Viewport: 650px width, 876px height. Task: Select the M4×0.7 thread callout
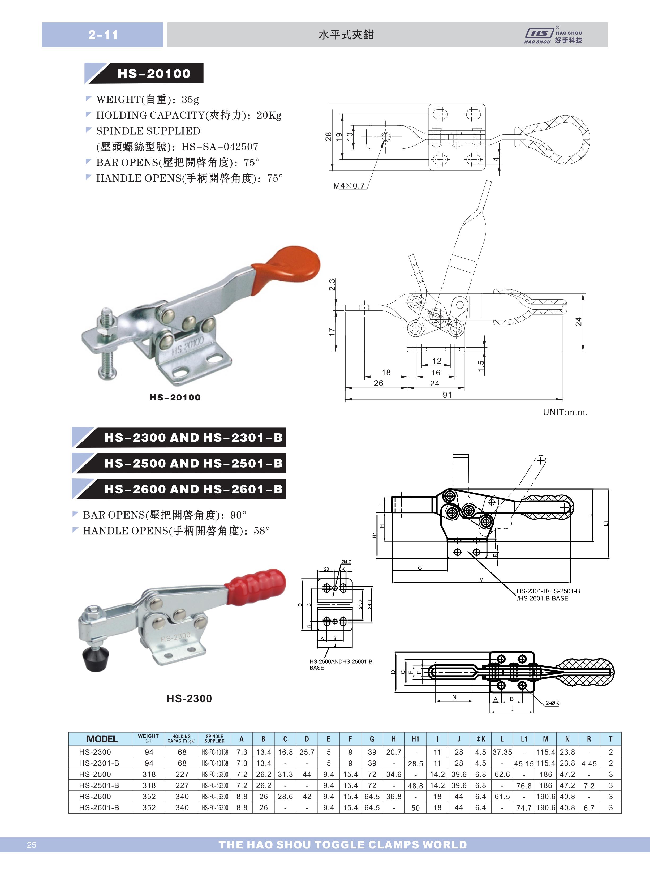(348, 186)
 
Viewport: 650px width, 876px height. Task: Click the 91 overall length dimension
(447, 395)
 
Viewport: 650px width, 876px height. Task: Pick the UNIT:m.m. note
(565, 412)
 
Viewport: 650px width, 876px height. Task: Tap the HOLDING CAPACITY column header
(181, 739)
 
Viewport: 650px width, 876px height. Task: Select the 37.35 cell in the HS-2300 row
(502, 752)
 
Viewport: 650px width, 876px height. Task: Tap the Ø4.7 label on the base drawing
(346, 562)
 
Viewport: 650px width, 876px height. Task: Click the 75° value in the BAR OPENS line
(251, 163)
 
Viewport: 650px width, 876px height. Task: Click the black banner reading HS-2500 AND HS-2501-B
(179, 463)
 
